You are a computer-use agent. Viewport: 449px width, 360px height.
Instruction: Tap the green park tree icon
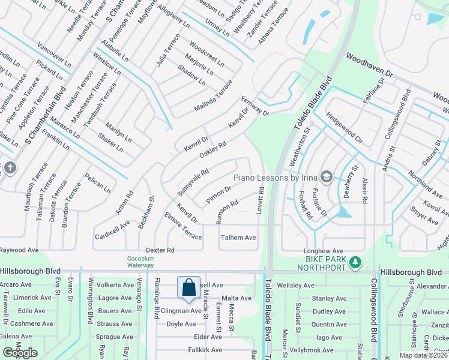(x=356, y=262)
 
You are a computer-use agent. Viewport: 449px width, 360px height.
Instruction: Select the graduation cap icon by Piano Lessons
(x=326, y=176)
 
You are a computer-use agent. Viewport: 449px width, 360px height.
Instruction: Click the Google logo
(x=20, y=352)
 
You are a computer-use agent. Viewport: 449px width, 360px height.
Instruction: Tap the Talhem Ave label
(x=238, y=238)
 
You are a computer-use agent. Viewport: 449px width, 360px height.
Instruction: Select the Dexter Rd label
(x=160, y=250)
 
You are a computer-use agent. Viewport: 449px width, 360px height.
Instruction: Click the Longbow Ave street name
(x=325, y=251)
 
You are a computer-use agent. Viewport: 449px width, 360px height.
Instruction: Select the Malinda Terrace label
(x=212, y=95)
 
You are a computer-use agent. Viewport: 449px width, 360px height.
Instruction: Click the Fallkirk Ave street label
(x=205, y=350)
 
